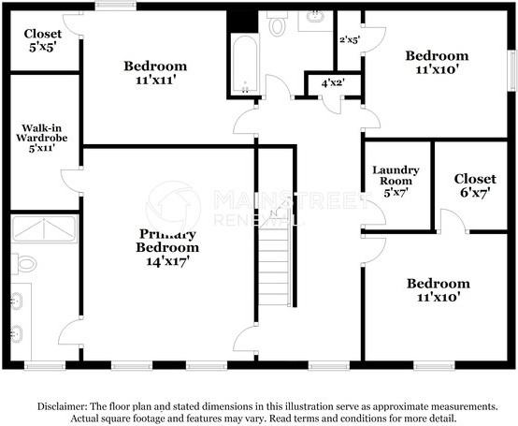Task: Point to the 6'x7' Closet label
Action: (x=474, y=185)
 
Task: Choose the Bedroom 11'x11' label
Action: (x=155, y=73)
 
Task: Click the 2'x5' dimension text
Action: (x=349, y=39)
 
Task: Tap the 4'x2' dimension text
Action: (x=332, y=82)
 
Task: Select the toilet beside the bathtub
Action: (x=277, y=24)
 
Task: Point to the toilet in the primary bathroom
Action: (x=24, y=264)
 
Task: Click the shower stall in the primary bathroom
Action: (x=44, y=229)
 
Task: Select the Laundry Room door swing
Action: (x=374, y=213)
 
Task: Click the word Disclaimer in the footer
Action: (x=62, y=406)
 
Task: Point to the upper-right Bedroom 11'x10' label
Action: (x=437, y=63)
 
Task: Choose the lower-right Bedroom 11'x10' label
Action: (x=437, y=289)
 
